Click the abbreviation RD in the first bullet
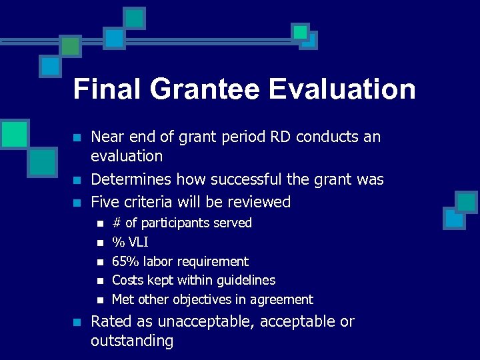pyautogui.click(x=281, y=137)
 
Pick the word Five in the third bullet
pyautogui.click(x=104, y=201)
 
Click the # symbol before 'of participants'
pyautogui.click(x=117, y=223)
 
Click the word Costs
pyautogui.click(x=128, y=281)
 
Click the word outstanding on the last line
pyautogui.click(x=131, y=341)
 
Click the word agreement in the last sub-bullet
pyautogui.click(x=282, y=300)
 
